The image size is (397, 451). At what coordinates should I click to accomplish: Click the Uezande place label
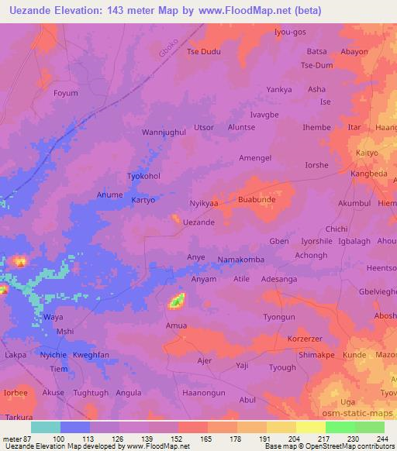click(198, 222)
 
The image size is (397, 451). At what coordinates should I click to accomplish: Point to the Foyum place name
click(66, 93)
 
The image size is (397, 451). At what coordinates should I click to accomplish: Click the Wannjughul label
click(164, 133)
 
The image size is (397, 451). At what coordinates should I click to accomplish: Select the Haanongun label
click(203, 392)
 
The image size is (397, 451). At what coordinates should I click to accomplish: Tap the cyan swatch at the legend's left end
click(45, 427)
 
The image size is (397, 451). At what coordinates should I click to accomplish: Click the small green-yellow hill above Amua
click(178, 300)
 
